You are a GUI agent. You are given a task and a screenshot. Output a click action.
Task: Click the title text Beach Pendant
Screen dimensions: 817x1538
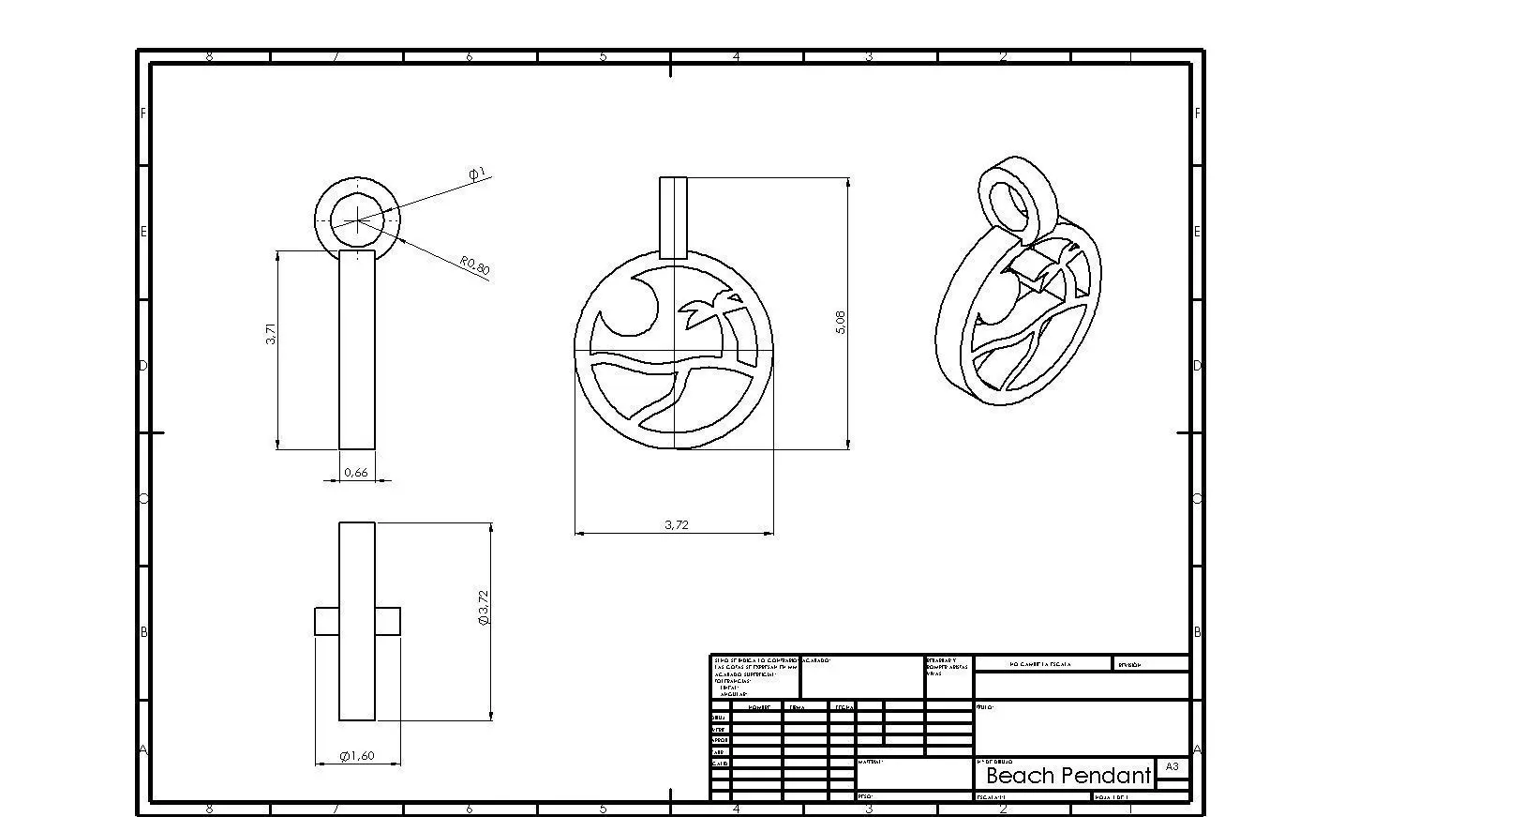(1068, 776)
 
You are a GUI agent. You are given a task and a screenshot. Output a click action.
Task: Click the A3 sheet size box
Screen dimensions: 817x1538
(1172, 766)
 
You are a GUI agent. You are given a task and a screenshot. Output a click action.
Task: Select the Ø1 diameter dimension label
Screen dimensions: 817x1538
(477, 174)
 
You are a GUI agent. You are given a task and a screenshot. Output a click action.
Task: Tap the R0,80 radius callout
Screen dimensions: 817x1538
(475, 265)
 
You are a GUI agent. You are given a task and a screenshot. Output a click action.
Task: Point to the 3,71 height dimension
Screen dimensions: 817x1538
(271, 334)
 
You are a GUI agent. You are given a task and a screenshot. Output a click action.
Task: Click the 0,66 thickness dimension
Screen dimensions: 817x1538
(356, 473)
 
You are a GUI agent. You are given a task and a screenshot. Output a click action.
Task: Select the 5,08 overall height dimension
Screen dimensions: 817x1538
(841, 323)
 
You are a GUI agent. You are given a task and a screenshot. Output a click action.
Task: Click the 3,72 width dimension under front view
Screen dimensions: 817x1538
(676, 524)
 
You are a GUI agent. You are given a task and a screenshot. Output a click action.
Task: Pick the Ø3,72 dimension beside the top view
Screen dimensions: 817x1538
(484, 608)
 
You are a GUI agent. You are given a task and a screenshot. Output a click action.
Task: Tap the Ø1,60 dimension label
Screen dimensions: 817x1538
(357, 756)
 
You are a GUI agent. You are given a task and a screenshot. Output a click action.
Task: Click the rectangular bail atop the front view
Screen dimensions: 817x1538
(673, 217)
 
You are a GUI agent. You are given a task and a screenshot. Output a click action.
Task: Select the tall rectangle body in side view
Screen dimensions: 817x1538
(357, 349)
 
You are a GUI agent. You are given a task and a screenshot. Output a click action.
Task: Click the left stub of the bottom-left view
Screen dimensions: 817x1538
(326, 621)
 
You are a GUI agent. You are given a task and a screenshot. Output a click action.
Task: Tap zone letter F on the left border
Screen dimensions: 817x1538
(143, 113)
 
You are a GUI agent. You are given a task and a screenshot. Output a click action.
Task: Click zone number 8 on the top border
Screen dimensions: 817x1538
(209, 57)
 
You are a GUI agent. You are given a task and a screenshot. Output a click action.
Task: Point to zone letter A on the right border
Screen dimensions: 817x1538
(1198, 749)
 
